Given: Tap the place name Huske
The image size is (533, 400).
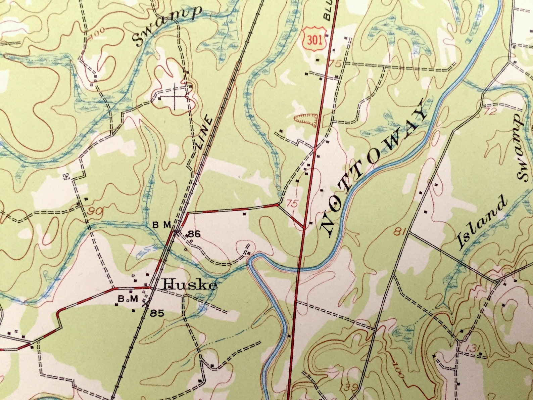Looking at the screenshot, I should tap(190, 285).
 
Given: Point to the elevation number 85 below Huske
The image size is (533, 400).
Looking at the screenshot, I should tap(157, 313).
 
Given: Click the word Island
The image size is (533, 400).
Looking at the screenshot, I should tap(482, 223).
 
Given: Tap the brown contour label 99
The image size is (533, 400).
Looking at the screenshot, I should tap(94, 211).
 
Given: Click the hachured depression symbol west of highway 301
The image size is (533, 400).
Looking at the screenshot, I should tap(306, 119).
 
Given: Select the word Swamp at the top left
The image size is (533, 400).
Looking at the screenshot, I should tap(167, 25).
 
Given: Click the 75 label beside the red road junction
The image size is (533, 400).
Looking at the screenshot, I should tap(292, 204).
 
